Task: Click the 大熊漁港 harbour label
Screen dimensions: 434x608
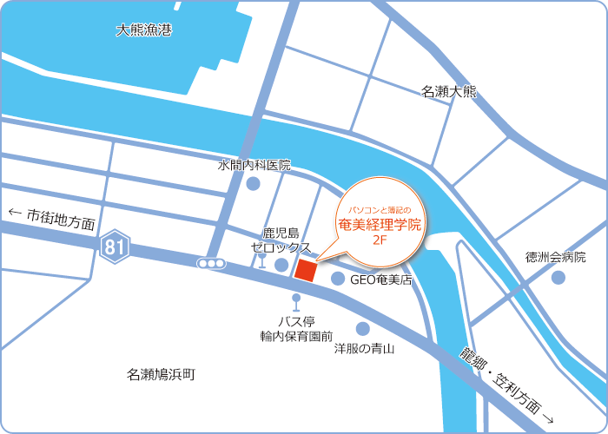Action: coord(144,30)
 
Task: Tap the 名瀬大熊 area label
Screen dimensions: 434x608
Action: coord(449,91)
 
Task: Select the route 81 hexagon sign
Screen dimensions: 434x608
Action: coord(114,247)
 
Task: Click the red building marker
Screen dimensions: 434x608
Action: coord(305,270)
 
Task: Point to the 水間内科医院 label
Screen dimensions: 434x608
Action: coord(254,165)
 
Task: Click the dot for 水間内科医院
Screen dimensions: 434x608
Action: coord(253,184)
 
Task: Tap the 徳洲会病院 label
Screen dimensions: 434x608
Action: coord(556,258)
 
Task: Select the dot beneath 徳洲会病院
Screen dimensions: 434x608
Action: coord(558,278)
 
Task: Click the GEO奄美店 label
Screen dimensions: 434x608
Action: coord(380,280)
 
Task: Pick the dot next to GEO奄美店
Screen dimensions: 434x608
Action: coord(337,279)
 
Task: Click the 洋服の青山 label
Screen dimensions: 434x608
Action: coord(365,349)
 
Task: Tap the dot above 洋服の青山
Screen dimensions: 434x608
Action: coord(363,329)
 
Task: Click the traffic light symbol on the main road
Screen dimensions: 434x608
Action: coord(211,263)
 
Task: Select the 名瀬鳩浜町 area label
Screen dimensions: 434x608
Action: coord(162,375)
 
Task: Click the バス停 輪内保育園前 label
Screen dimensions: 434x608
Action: coord(296,328)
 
